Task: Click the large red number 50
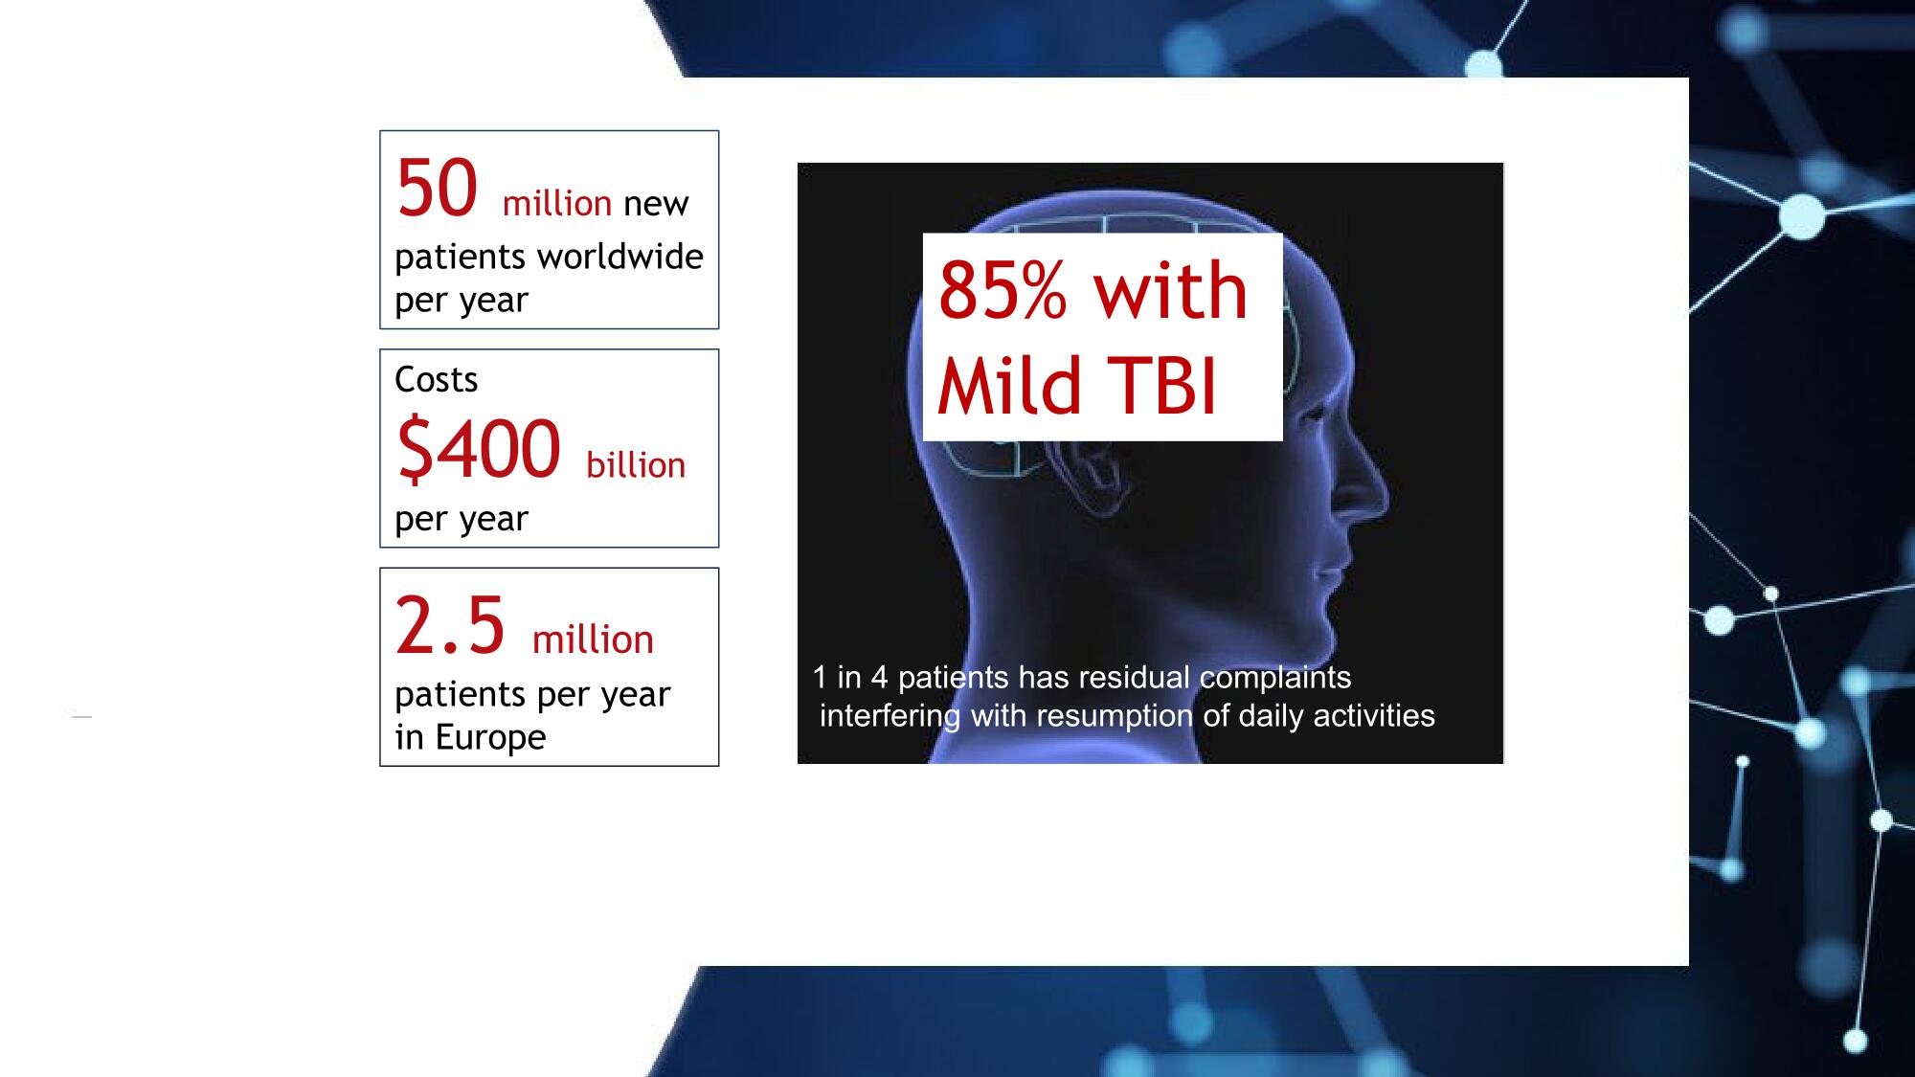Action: point(438,189)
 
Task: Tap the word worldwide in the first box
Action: point(620,257)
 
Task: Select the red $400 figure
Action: point(479,448)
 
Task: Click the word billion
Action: point(636,465)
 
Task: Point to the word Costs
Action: point(437,380)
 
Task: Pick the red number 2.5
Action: point(450,626)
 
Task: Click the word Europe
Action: point(490,737)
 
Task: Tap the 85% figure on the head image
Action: point(1002,289)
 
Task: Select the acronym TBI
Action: point(1164,386)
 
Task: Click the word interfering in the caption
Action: point(890,715)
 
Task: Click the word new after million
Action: point(656,204)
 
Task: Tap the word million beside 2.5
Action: point(593,639)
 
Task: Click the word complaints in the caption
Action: point(1275,678)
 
